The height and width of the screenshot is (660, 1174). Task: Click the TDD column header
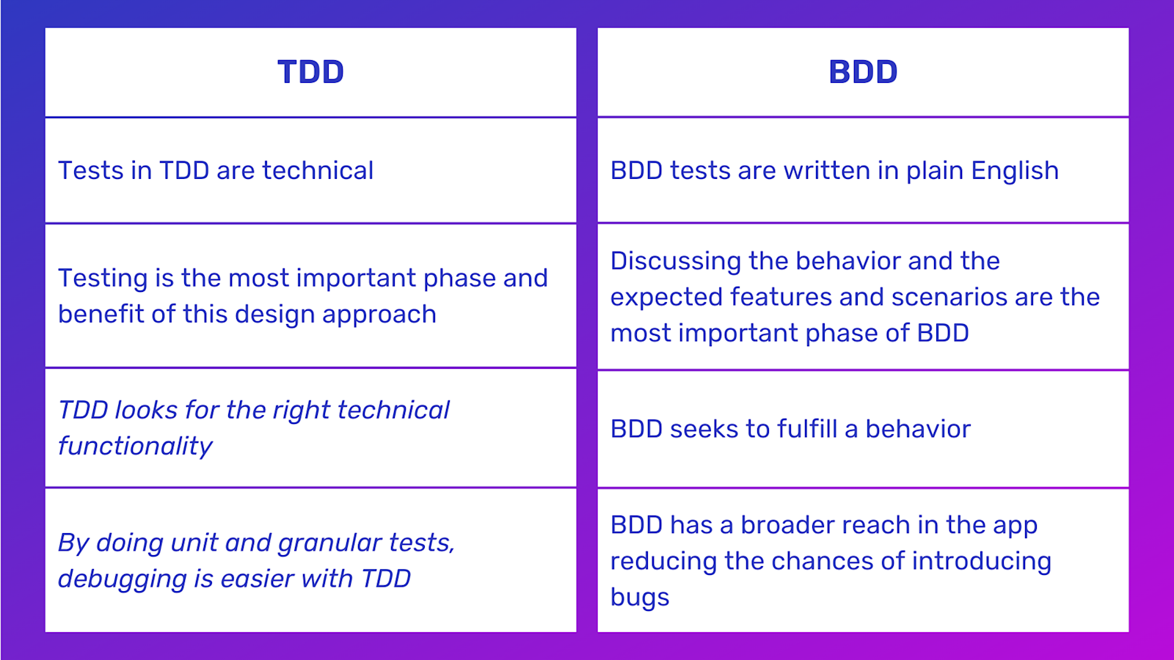[x=310, y=72]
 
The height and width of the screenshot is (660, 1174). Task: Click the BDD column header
[x=863, y=72]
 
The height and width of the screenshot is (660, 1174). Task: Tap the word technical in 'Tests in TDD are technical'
[x=318, y=170]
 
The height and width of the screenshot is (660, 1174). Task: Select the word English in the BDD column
[x=1015, y=171]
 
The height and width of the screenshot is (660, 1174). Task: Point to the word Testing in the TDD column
[x=103, y=279]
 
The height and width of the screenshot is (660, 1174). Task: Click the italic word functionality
[x=135, y=446]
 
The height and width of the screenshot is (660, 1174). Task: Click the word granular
[x=329, y=543]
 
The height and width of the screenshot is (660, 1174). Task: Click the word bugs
[x=640, y=598]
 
